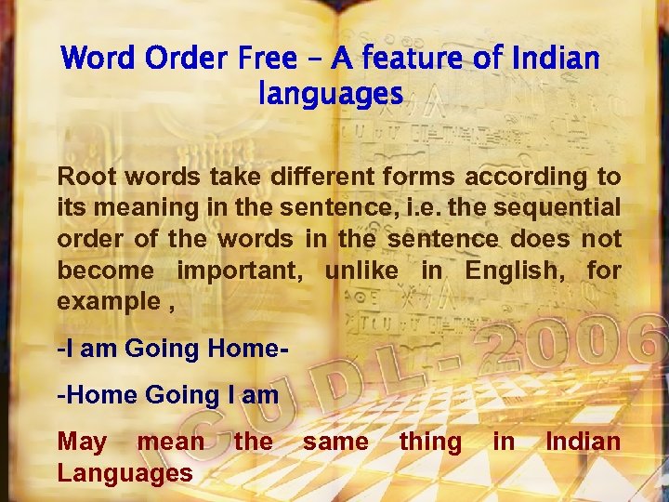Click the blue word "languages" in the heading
[x=331, y=94]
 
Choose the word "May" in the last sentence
[x=81, y=441]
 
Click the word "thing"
[x=429, y=441]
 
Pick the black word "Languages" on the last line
[x=125, y=473]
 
